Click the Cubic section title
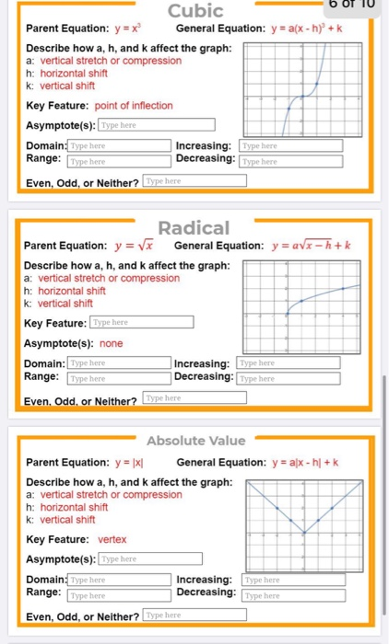pos(196,11)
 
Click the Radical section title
pos(194,227)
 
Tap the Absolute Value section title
pos(195,441)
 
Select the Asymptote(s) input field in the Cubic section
pos(156,125)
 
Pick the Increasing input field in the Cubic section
pos(290,146)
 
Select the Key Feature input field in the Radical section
pos(142,322)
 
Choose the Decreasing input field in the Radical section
pos(289,378)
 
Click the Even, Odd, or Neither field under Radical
pos(195,398)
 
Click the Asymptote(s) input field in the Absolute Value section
pos(156,558)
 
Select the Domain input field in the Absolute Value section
pos(119,581)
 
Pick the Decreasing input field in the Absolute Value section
pos(292,596)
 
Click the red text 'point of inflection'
pos(135,106)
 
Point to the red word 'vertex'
pos(112,539)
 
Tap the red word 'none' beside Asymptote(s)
pos(112,343)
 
